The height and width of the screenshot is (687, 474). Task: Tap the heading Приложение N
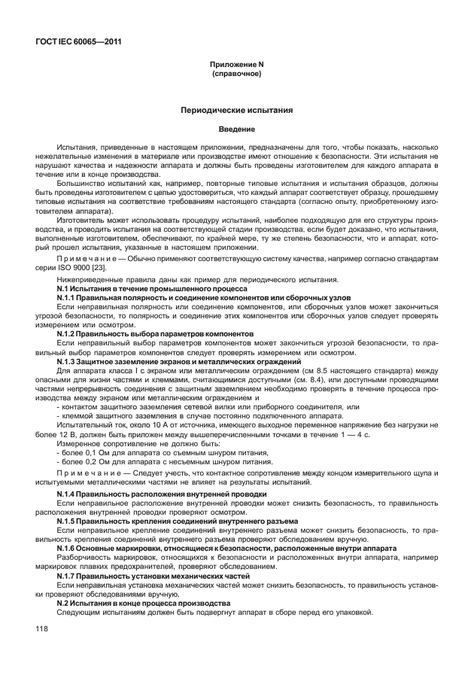coord(236,65)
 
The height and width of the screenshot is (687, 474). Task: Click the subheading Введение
coord(236,129)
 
